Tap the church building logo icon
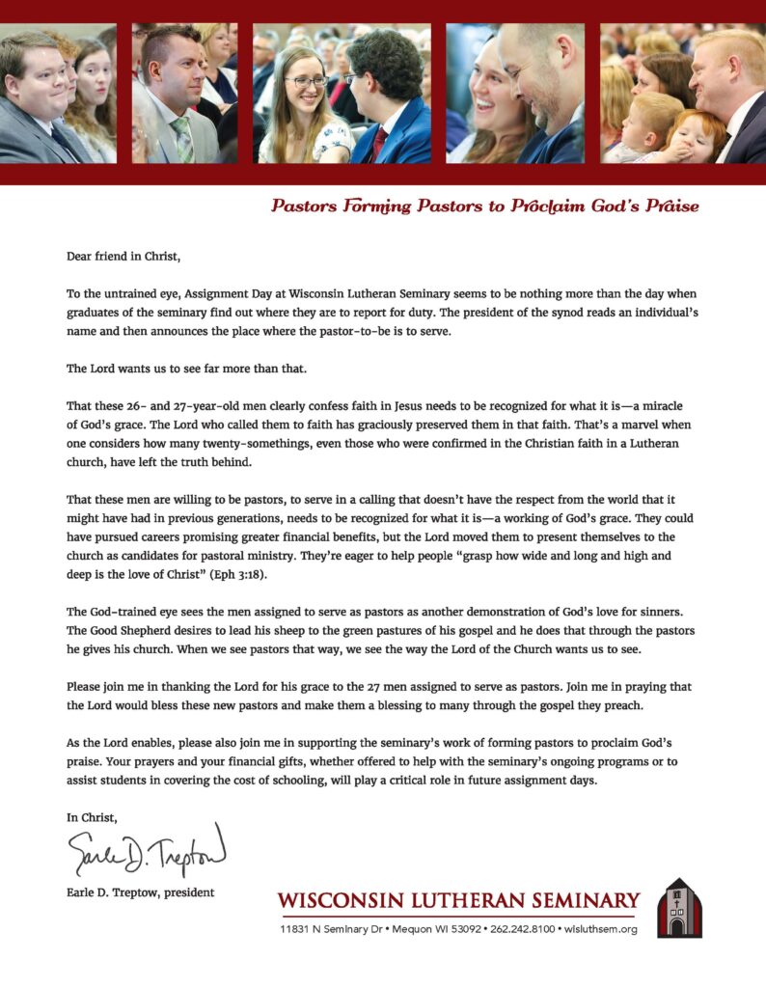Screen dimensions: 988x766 [x=679, y=908]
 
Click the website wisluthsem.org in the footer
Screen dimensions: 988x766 [x=601, y=929]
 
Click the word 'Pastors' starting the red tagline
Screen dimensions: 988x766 [x=301, y=206]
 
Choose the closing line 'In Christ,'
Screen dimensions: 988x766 [x=92, y=817]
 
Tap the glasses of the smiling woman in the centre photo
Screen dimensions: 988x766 [x=307, y=82]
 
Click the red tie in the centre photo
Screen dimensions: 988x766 [x=380, y=144]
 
